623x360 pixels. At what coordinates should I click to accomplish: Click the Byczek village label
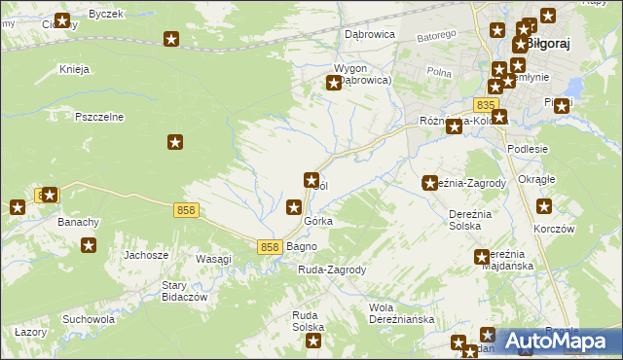coord(105,14)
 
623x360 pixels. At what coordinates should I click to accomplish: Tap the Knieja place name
coord(75,69)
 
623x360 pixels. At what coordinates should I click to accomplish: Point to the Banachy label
coord(79,222)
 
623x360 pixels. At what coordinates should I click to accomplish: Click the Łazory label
coord(32,333)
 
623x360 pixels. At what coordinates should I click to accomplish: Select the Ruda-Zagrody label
coord(332,270)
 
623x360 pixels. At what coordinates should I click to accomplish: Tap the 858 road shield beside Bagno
coord(271,247)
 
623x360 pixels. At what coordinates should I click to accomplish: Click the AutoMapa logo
coord(559,341)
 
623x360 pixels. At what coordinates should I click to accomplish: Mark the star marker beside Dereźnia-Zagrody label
coord(430,183)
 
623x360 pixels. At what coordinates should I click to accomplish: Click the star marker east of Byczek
coord(172,40)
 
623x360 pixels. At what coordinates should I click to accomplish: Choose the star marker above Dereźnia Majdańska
coord(482,257)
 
